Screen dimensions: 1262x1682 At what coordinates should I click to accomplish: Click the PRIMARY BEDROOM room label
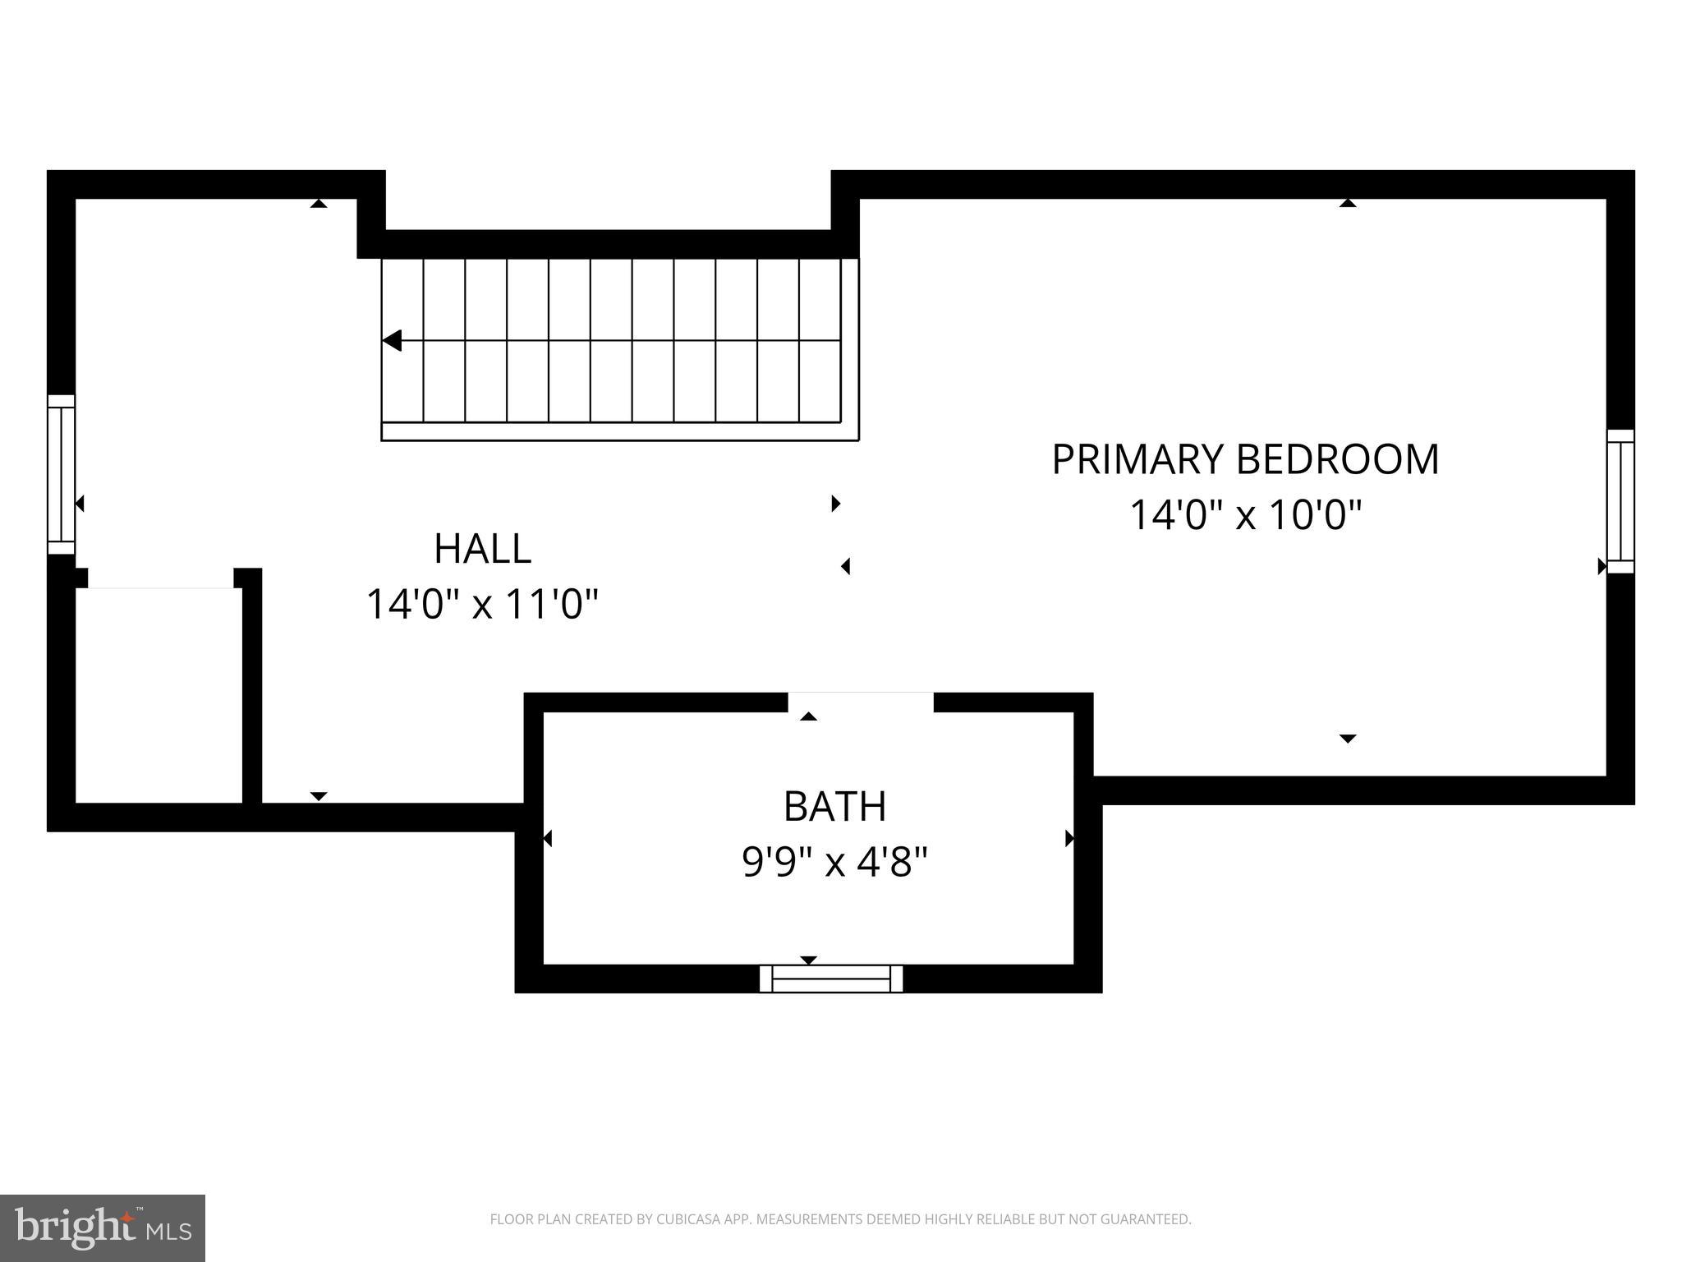coord(1245,459)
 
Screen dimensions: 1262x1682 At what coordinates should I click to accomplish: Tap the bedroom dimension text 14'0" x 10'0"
coord(1245,516)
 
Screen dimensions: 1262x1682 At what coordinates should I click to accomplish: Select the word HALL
coord(482,549)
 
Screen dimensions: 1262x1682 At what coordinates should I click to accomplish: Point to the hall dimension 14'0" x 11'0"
coord(482,605)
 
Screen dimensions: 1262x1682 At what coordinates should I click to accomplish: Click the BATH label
coord(834,807)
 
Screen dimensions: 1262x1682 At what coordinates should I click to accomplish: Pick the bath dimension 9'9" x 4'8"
coord(834,863)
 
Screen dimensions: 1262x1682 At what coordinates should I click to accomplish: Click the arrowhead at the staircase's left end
coord(392,340)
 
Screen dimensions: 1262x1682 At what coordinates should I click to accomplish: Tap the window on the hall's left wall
coord(61,475)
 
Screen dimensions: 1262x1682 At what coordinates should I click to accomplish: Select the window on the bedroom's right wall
coord(1620,501)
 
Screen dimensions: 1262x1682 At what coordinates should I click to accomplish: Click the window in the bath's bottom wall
coord(831,979)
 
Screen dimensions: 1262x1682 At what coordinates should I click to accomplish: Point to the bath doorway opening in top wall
coord(861,702)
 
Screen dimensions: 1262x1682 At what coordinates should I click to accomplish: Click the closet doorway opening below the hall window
coord(161,578)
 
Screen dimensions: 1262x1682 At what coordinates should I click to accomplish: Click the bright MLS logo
coord(103,1227)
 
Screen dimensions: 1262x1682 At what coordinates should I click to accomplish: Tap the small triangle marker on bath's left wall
coord(548,838)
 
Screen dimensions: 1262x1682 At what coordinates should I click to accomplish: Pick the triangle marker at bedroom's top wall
coord(1348,203)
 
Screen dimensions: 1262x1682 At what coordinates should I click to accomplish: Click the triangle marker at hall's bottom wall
coord(319,796)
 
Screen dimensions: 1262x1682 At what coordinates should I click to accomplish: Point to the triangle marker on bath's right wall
coord(1069,838)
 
